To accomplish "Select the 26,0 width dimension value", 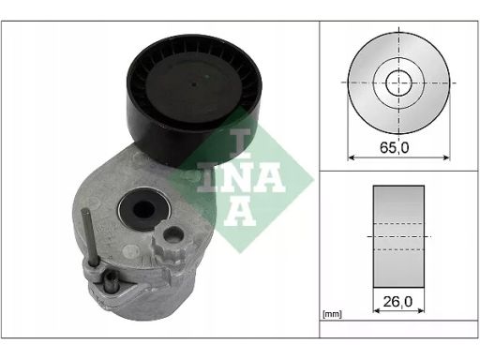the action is click(x=397, y=302).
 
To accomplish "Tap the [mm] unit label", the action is click(x=332, y=314).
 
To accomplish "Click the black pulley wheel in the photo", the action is click(x=194, y=97).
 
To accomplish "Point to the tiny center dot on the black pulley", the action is click(x=194, y=84).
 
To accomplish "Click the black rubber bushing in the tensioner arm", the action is click(x=143, y=207).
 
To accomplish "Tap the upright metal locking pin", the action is click(x=90, y=237).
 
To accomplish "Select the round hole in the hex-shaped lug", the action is click(x=173, y=234).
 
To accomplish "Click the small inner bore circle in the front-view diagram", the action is click(x=398, y=82).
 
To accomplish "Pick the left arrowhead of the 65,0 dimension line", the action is click(x=352, y=157).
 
